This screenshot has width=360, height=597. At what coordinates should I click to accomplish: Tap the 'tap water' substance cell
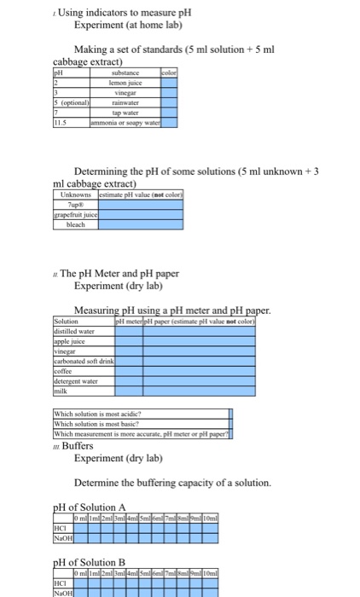125,115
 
